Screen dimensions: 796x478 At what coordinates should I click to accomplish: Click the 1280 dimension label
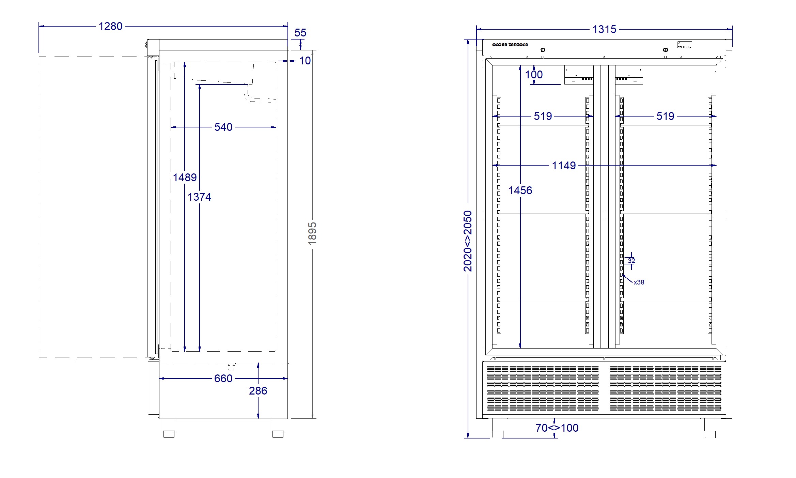pyautogui.click(x=110, y=26)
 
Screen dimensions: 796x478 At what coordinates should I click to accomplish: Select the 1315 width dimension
pyautogui.click(x=604, y=29)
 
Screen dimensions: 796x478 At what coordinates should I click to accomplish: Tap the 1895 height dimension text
pyautogui.click(x=312, y=233)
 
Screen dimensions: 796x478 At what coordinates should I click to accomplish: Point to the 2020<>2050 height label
pyautogui.click(x=468, y=241)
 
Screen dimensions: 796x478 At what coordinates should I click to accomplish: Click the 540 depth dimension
pyautogui.click(x=223, y=127)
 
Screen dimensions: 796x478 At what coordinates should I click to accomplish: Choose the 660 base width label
pyautogui.click(x=223, y=379)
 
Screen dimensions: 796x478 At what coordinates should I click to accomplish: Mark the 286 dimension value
pyautogui.click(x=258, y=391)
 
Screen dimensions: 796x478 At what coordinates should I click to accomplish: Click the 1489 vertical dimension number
pyautogui.click(x=185, y=178)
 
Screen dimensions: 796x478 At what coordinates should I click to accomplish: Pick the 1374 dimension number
pyautogui.click(x=199, y=197)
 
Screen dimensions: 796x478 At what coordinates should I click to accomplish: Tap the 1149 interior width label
pyautogui.click(x=564, y=166)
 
